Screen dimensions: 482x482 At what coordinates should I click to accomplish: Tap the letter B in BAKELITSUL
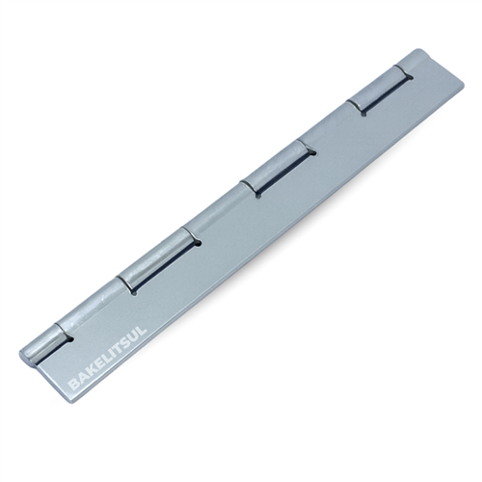tap(74, 388)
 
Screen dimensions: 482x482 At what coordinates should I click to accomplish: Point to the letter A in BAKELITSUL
tap(82, 382)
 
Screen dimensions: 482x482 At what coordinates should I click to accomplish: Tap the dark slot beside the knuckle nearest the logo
tap(67, 337)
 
